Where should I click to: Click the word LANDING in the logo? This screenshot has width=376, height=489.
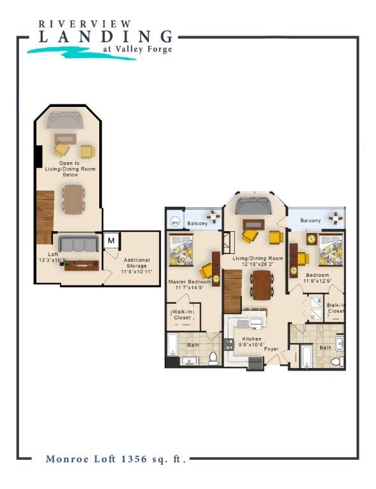click(x=106, y=37)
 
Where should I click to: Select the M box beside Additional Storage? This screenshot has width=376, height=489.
click(x=111, y=240)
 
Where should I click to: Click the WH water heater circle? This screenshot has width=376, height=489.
click(x=174, y=223)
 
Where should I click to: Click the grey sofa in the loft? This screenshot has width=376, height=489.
click(x=78, y=244)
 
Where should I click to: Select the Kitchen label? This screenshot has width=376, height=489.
click(x=246, y=341)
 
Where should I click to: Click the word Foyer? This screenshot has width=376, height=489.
click(x=272, y=348)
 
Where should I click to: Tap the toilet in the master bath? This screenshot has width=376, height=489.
click(x=214, y=358)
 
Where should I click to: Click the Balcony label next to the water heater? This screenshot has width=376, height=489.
click(x=197, y=223)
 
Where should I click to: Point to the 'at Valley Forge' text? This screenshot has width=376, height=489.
click(x=137, y=50)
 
